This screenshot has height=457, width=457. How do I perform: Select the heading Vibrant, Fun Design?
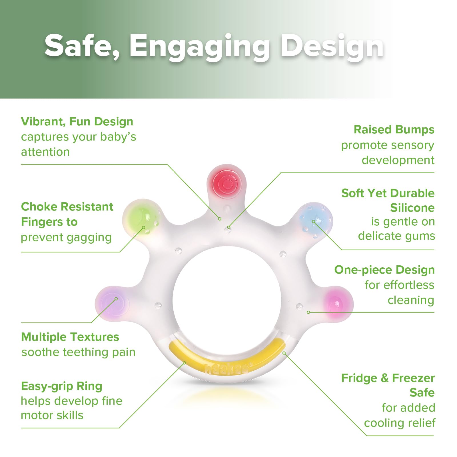coord(77,122)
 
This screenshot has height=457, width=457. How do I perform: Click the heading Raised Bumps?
coord(394,130)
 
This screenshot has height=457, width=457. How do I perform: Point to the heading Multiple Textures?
coord(70,337)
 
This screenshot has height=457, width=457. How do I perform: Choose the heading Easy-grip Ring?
coord(61,386)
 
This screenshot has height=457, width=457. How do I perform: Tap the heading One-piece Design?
coord(384,270)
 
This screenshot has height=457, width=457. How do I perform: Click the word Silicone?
coord(412,208)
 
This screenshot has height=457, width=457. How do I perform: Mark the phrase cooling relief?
coord(400,423)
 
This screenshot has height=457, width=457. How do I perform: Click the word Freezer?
coord(413,378)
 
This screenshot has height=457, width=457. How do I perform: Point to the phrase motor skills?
coord(52,415)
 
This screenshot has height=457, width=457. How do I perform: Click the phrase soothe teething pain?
coord(78,352)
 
